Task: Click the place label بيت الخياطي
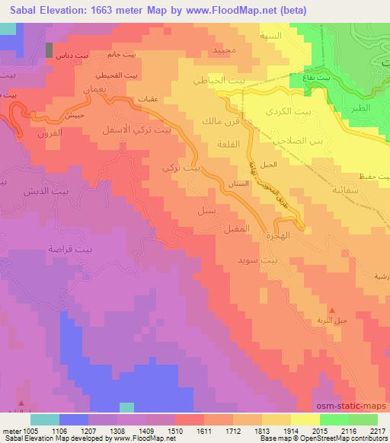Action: point(206,81)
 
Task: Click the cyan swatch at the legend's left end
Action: point(45,419)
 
